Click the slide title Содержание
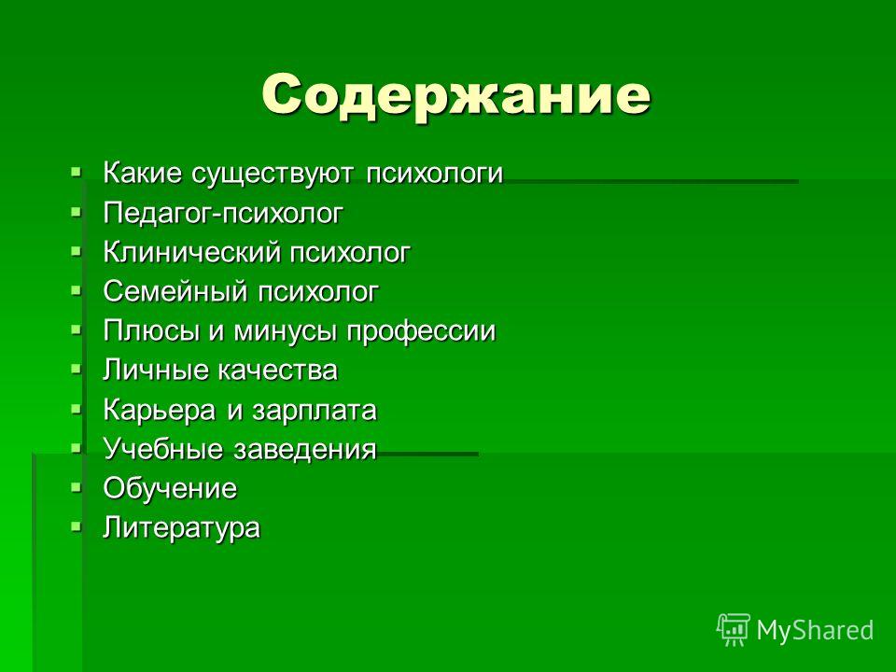456,95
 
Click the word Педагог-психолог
223,214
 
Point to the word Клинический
191,253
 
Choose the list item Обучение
170,488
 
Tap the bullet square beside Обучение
76,487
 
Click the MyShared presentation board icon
734,629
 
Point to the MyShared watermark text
815,630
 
